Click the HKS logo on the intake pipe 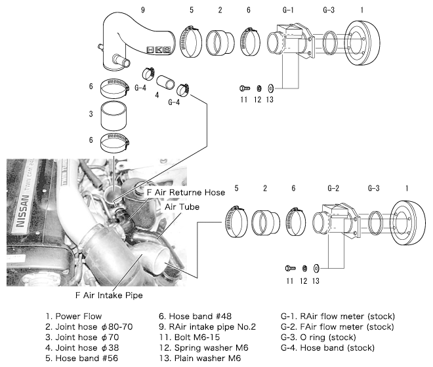159,49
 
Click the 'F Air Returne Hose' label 186,193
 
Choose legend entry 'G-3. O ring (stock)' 327,338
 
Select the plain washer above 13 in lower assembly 316,267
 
